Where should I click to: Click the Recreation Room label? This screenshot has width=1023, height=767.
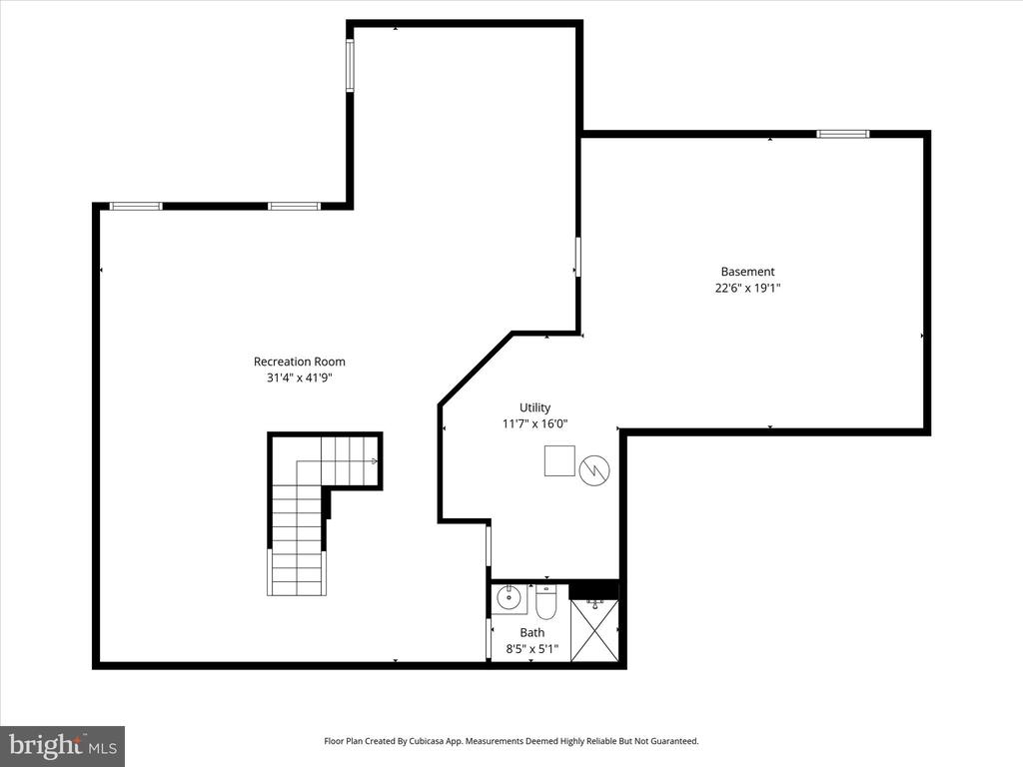tap(300, 362)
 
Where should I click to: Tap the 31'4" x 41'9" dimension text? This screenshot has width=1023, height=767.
tap(300, 378)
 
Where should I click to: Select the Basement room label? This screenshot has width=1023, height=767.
tap(747, 272)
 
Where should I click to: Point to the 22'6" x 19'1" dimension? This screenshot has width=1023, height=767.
tap(747, 288)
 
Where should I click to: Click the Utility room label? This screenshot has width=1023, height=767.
tap(535, 407)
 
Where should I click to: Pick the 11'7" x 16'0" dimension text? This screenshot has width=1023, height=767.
tap(535, 423)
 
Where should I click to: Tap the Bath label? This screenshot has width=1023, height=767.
tap(532, 632)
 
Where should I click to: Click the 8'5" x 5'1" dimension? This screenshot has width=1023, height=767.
tap(532, 649)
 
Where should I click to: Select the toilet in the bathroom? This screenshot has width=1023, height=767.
tap(545, 602)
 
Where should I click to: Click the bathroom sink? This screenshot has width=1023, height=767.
tap(509, 598)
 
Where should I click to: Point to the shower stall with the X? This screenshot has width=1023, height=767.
tap(594, 630)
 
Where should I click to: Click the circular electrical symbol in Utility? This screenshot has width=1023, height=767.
tap(594, 469)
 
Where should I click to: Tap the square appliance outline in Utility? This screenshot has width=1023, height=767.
tap(559, 461)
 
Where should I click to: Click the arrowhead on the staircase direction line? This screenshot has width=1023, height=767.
tap(375, 461)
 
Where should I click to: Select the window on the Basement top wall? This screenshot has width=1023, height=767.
tap(843, 135)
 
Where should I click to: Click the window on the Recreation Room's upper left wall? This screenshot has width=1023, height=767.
tap(136, 206)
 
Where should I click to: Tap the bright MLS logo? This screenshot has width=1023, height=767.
tap(63, 746)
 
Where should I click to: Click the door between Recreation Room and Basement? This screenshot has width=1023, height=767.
tap(577, 257)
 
